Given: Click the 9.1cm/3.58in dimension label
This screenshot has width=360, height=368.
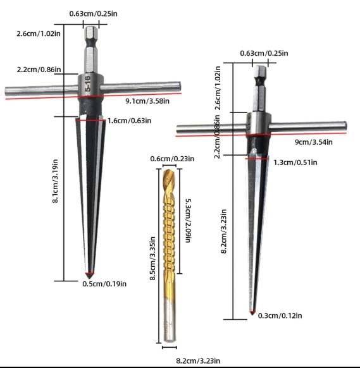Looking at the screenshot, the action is click(147, 101).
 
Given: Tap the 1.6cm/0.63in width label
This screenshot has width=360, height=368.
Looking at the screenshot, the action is click(130, 121).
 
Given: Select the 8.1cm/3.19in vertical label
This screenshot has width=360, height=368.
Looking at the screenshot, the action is click(55, 181).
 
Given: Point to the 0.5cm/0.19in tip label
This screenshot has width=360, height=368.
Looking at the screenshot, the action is click(104, 284).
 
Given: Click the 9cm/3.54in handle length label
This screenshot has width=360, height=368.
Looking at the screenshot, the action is click(314, 142).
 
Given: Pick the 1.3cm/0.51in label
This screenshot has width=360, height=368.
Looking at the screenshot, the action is click(295, 163).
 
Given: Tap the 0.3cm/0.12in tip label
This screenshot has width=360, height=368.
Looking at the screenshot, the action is click(280, 316).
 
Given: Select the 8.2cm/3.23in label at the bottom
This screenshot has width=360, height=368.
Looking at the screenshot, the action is click(198, 360).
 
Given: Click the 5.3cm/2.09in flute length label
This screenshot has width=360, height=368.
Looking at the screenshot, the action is click(188, 221).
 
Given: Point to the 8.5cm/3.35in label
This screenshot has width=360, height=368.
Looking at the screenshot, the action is click(152, 259).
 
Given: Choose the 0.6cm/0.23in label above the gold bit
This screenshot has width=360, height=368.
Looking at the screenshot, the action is click(172, 159).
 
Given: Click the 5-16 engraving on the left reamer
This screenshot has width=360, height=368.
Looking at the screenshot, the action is click(87, 83).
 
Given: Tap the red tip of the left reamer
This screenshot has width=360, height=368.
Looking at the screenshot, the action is click(89, 274).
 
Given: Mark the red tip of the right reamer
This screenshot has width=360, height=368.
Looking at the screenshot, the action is click(252, 312).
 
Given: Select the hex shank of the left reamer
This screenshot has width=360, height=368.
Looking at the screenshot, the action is click(91, 50).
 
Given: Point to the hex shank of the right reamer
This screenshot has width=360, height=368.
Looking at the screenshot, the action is click(260, 89).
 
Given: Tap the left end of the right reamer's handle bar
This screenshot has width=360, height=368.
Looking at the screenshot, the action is click(178, 130).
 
